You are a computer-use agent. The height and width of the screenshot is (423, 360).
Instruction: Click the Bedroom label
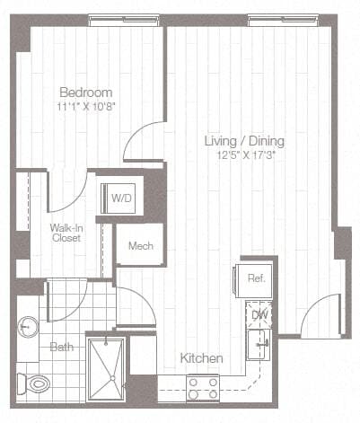(86, 92)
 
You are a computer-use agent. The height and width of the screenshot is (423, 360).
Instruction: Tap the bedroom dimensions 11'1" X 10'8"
(86, 106)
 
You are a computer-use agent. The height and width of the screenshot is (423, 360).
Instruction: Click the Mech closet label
(139, 246)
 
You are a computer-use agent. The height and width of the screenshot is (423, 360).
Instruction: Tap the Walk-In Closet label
(66, 234)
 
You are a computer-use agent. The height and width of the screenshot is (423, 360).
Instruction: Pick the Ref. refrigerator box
(255, 278)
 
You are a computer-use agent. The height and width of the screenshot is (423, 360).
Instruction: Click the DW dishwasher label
(259, 314)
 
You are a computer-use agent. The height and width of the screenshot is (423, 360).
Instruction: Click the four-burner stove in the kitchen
(202, 387)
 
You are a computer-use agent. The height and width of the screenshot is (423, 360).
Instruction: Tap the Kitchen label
(201, 358)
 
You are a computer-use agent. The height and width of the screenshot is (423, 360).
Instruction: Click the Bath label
(61, 347)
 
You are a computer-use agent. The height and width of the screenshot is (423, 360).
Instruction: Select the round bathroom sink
(27, 329)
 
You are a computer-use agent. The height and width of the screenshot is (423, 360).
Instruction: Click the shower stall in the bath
(105, 368)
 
